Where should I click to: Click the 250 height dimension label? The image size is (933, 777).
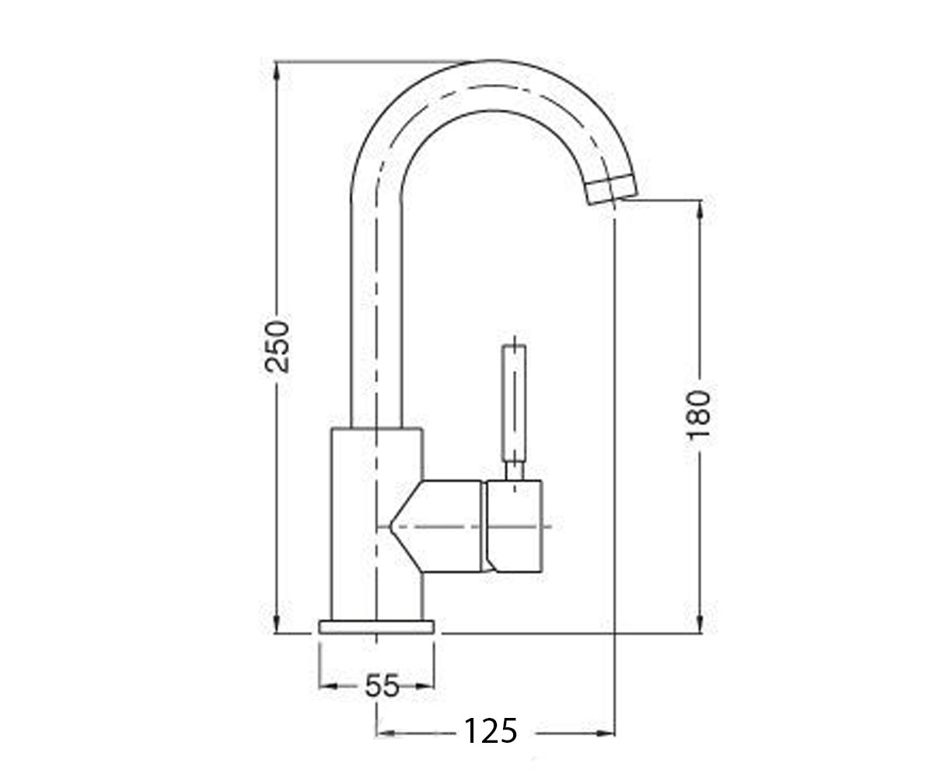point(276,346)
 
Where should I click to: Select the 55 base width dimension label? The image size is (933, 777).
point(382,686)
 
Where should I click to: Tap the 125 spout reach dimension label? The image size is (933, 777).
point(491,731)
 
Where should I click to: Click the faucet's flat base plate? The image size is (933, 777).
point(376,626)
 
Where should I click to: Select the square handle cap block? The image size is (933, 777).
point(514,526)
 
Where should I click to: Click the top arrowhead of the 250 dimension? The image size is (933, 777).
point(277,71)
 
